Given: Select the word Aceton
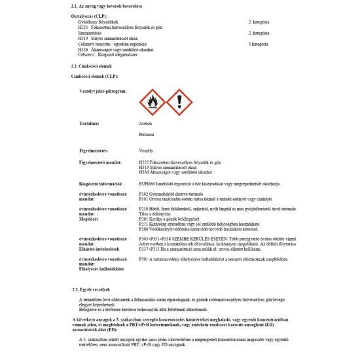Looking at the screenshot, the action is coord(145,123).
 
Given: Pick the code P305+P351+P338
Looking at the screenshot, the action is coord(155,240).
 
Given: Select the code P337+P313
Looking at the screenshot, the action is coord(150,249).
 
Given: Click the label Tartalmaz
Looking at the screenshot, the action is coord(89,123).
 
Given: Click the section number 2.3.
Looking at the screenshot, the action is coord(75,289).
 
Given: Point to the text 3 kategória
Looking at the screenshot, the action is coord(259,44).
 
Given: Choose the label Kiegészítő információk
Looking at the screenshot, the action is coord(103,184).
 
